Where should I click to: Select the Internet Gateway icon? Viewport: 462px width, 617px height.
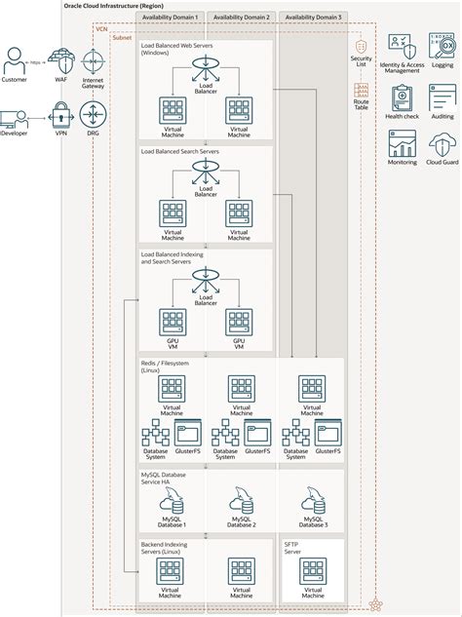coord(93,59)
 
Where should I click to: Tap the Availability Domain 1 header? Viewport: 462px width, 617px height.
coord(170,18)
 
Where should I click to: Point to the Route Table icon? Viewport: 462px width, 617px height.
coord(362,93)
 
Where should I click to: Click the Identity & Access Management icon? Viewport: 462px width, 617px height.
coord(403,44)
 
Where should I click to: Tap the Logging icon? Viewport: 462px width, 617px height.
coord(442,44)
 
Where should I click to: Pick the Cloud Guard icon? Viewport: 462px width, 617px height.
coord(442,144)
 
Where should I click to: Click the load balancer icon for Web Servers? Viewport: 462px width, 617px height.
coord(205,68)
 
